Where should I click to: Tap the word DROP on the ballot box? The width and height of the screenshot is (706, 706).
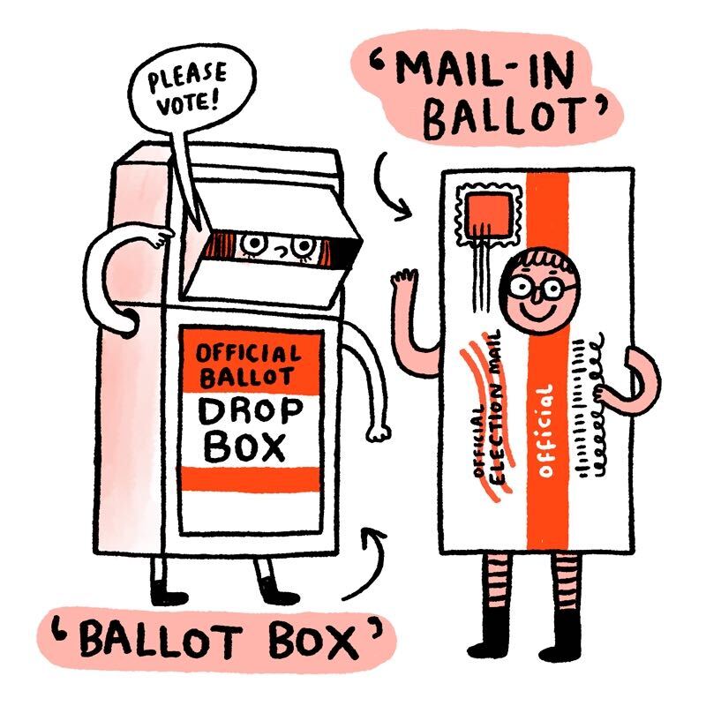click(x=251, y=411)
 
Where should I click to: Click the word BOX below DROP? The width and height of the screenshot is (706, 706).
click(x=245, y=447)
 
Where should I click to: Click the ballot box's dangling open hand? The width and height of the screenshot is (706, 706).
click(x=378, y=432)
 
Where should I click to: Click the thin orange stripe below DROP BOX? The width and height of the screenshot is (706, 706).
click(x=251, y=479)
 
